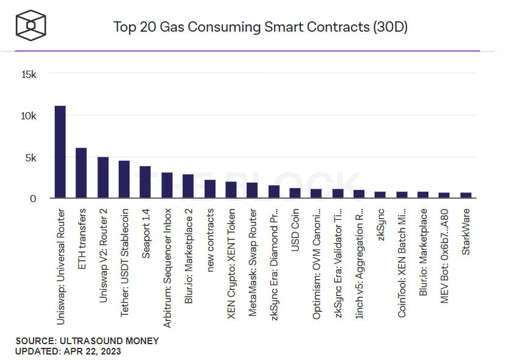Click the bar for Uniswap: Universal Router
tap(60, 152)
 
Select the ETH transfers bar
tap(82, 173)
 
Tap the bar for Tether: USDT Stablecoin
tap(124, 180)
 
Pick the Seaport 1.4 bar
tap(146, 182)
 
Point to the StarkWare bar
tap(466, 196)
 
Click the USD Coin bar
tap(295, 193)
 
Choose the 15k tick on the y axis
tap(29, 74)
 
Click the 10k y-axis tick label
tap(29, 116)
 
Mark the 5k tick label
tap(31, 157)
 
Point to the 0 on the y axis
tap(34, 199)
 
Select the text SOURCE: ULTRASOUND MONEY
tap(87, 341)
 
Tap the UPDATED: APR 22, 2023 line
tap(68, 351)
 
